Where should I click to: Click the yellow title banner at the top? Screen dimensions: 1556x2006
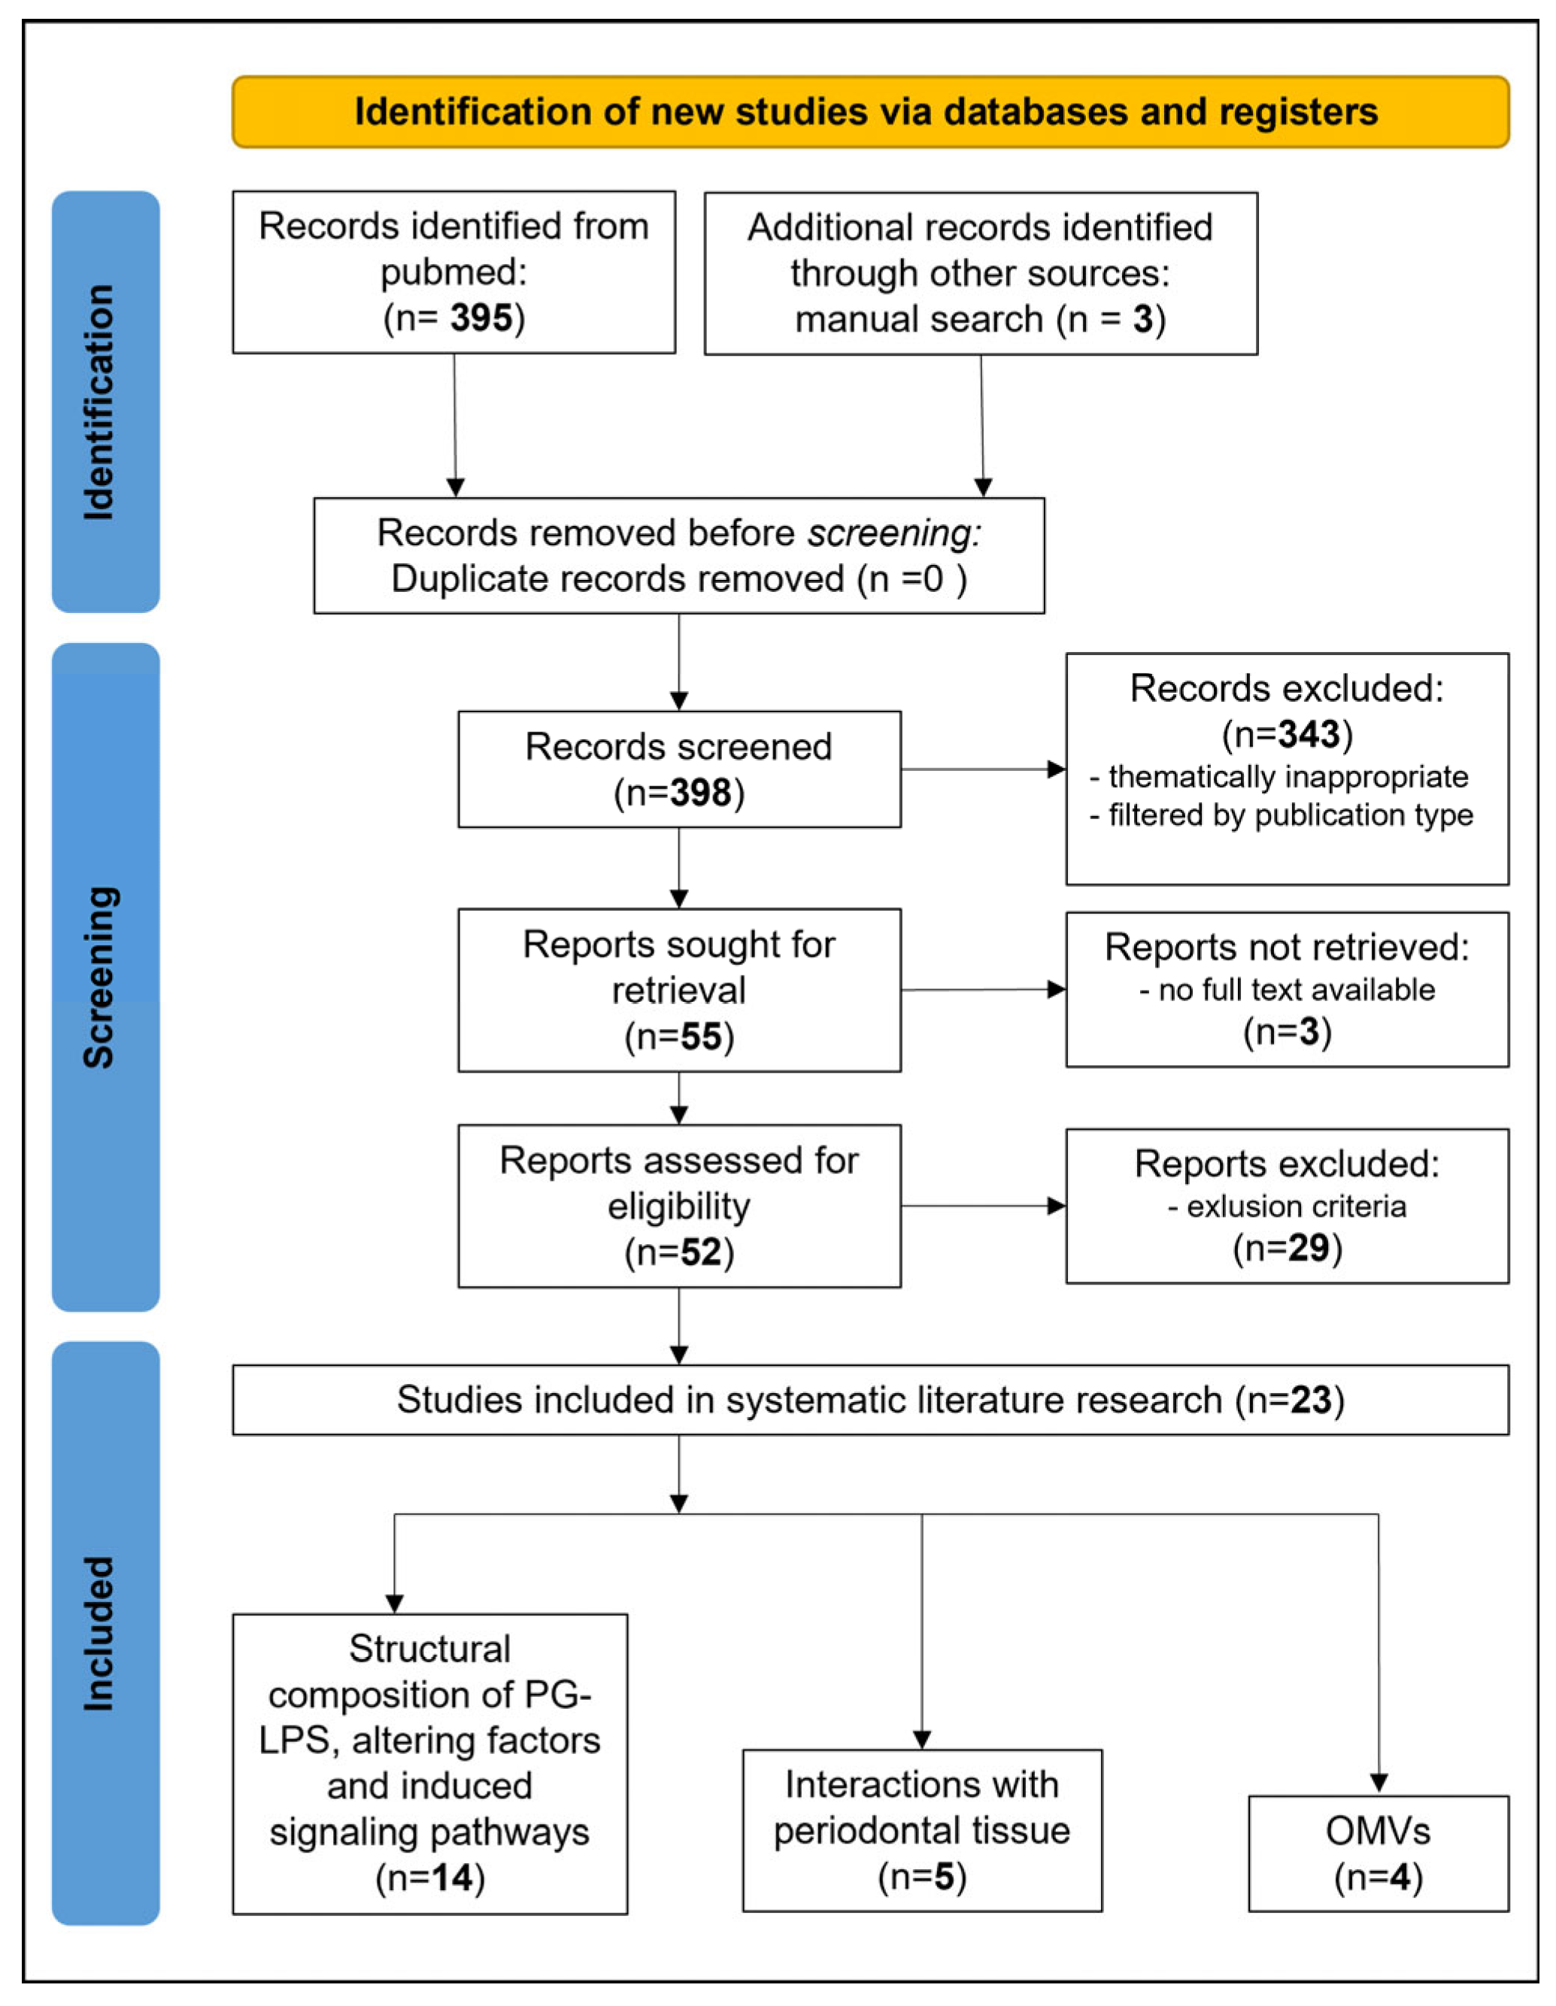[x=870, y=112]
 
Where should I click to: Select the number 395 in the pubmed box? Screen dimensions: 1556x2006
[x=481, y=318]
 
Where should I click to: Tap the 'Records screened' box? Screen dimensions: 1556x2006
[x=679, y=769]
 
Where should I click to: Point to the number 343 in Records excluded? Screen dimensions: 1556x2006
[x=1308, y=734]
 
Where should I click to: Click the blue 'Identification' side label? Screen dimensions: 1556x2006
[x=105, y=402]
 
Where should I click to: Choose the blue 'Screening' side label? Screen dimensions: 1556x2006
[x=105, y=976]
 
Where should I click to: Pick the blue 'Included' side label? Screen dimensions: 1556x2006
[x=105, y=1633]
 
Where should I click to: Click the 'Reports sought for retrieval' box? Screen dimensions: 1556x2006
[x=679, y=990]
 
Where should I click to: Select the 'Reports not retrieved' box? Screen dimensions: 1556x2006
[x=1287, y=989]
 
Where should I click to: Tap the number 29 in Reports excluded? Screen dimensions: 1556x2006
[x=1308, y=1247]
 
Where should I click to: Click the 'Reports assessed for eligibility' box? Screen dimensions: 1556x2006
[x=679, y=1206]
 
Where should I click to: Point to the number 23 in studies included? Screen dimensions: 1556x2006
[x=1310, y=1400]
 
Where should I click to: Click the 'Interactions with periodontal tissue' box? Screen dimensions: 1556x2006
[x=922, y=1831]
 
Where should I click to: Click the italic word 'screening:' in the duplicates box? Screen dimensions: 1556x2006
[x=893, y=533]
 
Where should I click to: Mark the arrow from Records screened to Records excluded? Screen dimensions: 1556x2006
[x=983, y=769]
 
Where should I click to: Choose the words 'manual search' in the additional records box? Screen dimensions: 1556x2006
[x=918, y=319]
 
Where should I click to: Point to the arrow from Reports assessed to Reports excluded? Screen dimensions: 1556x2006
[x=983, y=1206]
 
